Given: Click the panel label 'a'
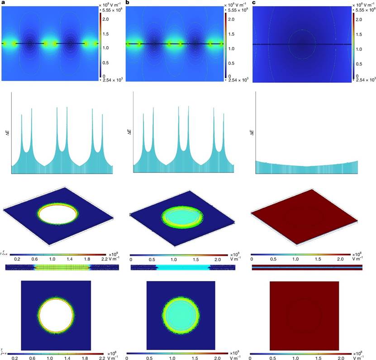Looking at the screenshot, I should point(3,3).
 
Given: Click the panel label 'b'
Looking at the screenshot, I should point(128,3).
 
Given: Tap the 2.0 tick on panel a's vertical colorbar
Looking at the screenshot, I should point(105,19).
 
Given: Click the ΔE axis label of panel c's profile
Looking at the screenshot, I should point(251,132).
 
